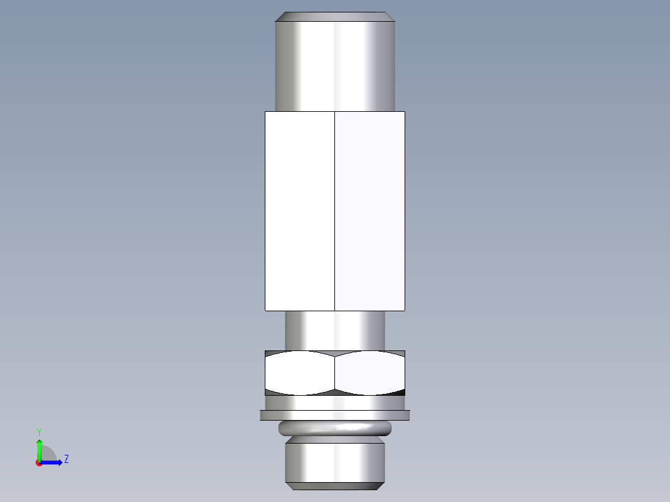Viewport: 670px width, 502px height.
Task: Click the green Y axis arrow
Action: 39,447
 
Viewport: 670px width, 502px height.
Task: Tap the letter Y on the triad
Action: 39,431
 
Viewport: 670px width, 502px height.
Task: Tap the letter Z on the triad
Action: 66,459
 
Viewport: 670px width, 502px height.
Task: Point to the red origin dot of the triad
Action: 39,463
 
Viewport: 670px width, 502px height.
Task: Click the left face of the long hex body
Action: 300,211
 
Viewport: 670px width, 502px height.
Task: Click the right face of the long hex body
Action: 370,211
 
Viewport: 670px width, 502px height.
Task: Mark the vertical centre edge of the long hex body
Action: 334,211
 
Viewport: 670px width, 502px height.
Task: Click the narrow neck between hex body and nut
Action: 334,330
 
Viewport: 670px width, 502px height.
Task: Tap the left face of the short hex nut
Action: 300,373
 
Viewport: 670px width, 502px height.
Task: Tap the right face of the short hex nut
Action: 370,373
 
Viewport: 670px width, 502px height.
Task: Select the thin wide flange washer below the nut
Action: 334,415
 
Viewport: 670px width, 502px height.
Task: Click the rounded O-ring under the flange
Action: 334,427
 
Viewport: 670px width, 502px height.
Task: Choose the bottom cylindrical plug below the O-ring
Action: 334,460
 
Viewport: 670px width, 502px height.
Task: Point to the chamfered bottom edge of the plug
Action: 334,485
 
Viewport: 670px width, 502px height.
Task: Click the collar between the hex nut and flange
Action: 334,403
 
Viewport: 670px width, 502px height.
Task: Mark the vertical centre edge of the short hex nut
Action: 334,373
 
